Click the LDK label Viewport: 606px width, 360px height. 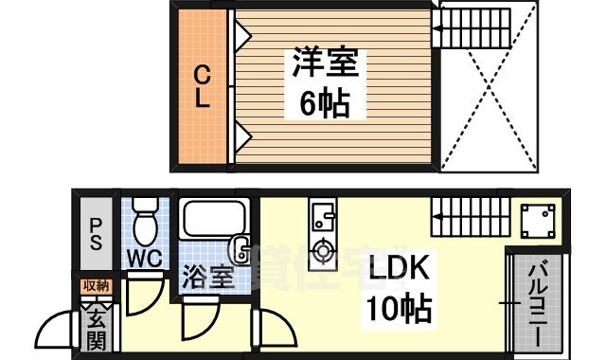401,269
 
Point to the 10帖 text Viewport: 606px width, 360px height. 400,308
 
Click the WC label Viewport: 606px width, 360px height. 144,258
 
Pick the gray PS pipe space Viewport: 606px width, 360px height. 96,233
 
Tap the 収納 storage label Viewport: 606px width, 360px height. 96,286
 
